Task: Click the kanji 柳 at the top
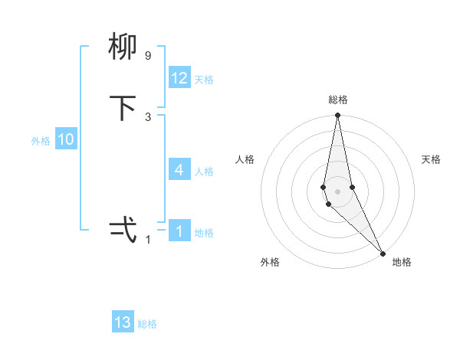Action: tap(123, 48)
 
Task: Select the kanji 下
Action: tap(123, 108)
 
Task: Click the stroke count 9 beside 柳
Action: tap(148, 56)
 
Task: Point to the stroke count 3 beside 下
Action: tap(148, 116)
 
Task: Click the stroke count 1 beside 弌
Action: tap(148, 239)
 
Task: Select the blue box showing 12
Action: tap(179, 78)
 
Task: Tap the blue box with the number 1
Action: tap(179, 231)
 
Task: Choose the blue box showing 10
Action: tap(66, 139)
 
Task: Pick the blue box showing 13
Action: tap(123, 322)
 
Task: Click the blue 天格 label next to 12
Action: tap(204, 80)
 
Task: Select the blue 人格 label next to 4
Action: tap(204, 171)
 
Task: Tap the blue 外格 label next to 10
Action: tap(41, 141)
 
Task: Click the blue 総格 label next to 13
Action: tap(147, 324)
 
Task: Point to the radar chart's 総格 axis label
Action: tap(338, 100)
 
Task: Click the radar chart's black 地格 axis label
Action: tap(402, 262)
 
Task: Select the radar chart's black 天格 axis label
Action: tap(431, 159)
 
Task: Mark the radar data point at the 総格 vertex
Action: tap(337, 116)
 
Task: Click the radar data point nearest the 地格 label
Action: tap(383, 253)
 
